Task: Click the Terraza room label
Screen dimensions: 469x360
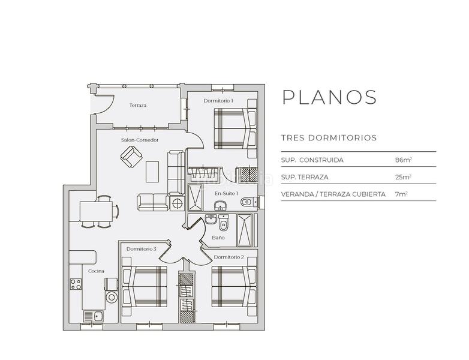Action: tap(138, 106)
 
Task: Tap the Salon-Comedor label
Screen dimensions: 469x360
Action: tap(140, 140)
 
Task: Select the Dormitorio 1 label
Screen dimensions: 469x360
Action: tap(218, 101)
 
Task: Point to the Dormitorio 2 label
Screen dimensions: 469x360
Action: tap(229, 257)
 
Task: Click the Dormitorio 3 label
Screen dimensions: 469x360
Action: tap(141, 249)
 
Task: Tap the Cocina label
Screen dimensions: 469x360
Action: tap(96, 271)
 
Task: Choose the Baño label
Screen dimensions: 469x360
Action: tap(218, 238)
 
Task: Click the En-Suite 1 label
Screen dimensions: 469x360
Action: tap(226, 194)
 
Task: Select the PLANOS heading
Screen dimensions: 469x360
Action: tap(329, 97)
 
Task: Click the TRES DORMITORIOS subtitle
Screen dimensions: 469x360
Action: tap(329, 138)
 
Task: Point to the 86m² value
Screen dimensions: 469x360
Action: tap(404, 160)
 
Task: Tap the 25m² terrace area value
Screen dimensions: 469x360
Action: tap(403, 177)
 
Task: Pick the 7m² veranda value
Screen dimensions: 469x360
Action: tap(401, 194)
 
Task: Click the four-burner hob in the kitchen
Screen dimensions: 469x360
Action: tap(76, 284)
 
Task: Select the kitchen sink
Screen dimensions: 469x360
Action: tap(94, 316)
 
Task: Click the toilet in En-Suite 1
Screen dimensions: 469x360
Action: tap(248, 202)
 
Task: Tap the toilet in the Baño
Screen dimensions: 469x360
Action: tap(223, 223)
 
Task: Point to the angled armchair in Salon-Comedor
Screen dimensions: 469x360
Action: tap(131, 157)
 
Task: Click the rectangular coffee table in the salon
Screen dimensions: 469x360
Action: tap(152, 172)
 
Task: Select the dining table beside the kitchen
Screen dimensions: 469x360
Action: tap(96, 211)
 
